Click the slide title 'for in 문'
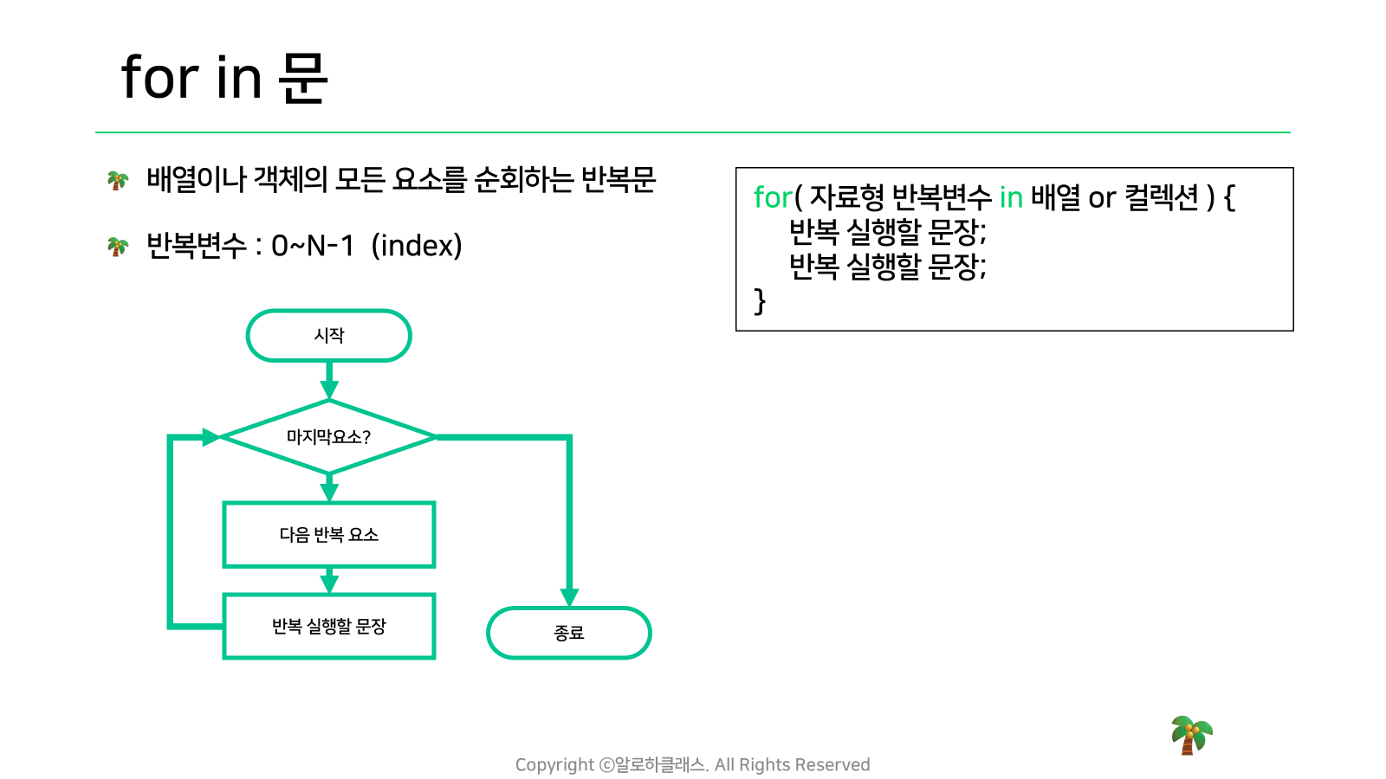tap(224, 78)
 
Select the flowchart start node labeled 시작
tap(329, 335)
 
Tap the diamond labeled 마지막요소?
tap(329, 436)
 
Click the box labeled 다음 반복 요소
tap(329, 535)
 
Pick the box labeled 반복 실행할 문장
tap(329, 627)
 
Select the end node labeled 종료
tap(568, 633)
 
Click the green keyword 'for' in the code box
tap(773, 198)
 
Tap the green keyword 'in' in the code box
tap(1011, 198)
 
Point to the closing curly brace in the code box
tap(760, 302)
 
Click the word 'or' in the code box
tap(1102, 199)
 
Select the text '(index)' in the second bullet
tap(417, 246)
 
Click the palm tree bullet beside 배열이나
tap(118, 181)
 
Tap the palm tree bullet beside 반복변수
tap(118, 247)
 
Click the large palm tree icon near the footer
tap(1192, 735)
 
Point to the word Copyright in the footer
tap(554, 765)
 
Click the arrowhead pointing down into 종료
tap(569, 597)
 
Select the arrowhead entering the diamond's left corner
tap(211, 437)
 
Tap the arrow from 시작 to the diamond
tap(329, 380)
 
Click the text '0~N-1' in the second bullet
tap(313, 246)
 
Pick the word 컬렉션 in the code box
tap(1162, 198)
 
